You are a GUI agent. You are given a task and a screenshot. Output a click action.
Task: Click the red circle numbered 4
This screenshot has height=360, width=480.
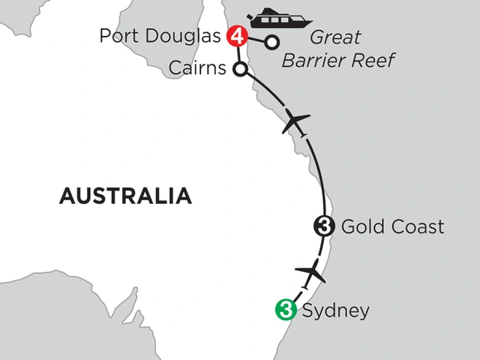[x=238, y=36]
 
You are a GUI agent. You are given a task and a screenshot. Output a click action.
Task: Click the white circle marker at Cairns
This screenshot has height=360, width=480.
[x=241, y=70]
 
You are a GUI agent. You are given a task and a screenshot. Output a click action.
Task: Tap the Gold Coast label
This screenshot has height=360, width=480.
[x=392, y=226]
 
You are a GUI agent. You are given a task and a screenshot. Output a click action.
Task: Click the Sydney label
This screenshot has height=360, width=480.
[x=334, y=310]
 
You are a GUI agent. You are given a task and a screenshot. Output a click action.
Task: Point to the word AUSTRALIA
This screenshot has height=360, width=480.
[x=124, y=197]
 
